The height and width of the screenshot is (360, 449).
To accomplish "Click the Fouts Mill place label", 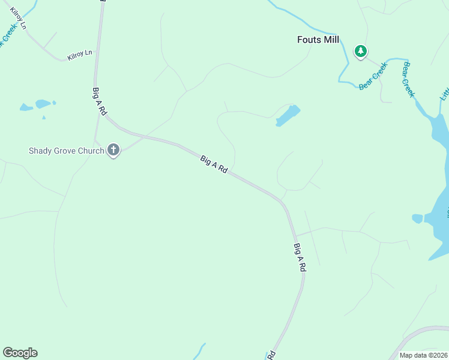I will click(318, 40).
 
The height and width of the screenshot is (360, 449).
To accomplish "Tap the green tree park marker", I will click(361, 52).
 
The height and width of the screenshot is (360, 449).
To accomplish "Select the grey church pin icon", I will click(113, 150).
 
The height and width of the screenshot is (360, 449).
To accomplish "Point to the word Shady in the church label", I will click(40, 151).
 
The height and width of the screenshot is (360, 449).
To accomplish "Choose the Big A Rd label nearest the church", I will click(100, 101).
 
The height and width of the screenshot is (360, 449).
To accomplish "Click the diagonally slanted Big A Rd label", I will click(214, 165).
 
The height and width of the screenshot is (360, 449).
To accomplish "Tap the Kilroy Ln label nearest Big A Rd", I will click(80, 54).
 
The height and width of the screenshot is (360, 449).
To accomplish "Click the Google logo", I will click(20, 353).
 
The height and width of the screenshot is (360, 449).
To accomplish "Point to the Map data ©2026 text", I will click(424, 355).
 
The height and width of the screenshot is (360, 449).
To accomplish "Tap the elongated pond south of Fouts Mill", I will click(288, 115).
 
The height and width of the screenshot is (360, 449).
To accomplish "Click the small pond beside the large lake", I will click(418, 218).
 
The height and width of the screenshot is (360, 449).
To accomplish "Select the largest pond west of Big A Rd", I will click(43, 104).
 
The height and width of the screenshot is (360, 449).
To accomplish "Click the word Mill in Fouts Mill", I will click(330, 40).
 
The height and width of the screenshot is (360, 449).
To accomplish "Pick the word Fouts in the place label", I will click(309, 40).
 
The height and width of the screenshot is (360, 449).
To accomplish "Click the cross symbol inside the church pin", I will click(113, 149).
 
